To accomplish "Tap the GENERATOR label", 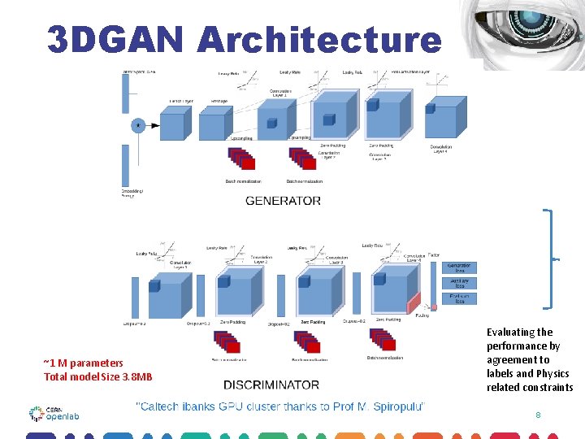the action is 283,200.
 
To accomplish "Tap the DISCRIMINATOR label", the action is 271,384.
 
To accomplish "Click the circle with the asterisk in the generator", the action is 138,125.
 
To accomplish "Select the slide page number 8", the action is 538,415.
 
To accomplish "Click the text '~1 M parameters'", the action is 83,363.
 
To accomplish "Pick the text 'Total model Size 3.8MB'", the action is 97,376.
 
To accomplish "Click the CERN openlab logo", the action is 54,413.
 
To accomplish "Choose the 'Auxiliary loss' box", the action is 458,282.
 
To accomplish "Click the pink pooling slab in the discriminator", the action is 414,302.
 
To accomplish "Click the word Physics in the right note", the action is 553,373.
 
